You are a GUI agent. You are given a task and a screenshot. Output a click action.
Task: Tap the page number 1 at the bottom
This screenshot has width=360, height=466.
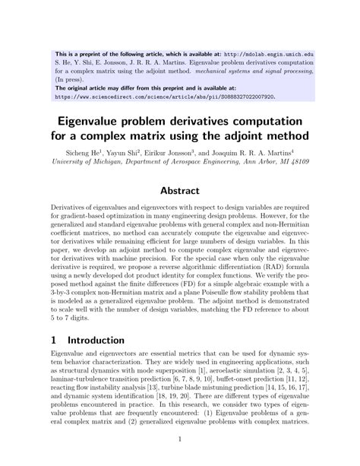pos(180,439)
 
